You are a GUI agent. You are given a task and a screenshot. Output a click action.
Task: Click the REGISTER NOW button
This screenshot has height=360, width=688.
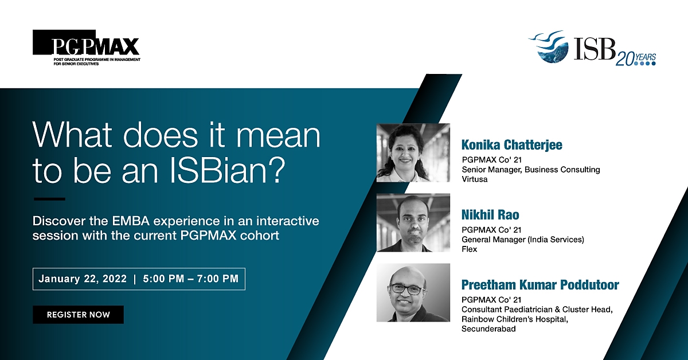tap(78, 315)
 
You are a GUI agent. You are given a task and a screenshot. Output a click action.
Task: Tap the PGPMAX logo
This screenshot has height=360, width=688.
tap(87, 48)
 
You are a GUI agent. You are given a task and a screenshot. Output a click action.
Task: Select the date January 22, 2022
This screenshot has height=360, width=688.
tap(83, 279)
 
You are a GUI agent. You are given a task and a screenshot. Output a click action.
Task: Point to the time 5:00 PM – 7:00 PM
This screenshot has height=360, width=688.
tap(191, 279)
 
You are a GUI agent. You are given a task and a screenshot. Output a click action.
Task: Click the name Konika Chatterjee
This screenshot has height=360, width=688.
tap(511, 145)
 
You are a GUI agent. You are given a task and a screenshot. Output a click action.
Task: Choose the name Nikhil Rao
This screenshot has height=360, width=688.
tap(490, 215)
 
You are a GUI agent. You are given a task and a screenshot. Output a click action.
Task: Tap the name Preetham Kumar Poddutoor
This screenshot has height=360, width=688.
tap(540, 285)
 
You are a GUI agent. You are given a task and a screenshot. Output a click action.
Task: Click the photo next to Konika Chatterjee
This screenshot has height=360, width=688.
tap(413, 152)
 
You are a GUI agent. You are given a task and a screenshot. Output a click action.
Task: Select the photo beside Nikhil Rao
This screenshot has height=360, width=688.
tap(413, 222)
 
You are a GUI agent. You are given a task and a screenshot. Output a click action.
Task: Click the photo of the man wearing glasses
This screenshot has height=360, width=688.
tap(413, 292)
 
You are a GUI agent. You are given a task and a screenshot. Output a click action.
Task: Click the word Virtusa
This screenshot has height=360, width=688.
tap(475, 179)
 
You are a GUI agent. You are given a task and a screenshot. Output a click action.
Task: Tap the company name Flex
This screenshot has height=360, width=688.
tap(470, 249)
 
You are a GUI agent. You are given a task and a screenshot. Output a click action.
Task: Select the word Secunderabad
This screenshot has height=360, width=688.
tap(488, 328)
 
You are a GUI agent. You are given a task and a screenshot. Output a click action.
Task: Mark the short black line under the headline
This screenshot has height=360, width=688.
tap(49, 199)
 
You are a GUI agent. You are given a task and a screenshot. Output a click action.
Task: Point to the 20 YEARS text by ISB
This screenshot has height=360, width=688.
tap(635, 59)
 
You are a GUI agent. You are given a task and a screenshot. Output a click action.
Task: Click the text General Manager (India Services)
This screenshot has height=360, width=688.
tap(523, 239)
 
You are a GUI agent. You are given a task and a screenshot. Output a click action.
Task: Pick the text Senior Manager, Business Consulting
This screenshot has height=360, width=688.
tap(531, 170)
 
